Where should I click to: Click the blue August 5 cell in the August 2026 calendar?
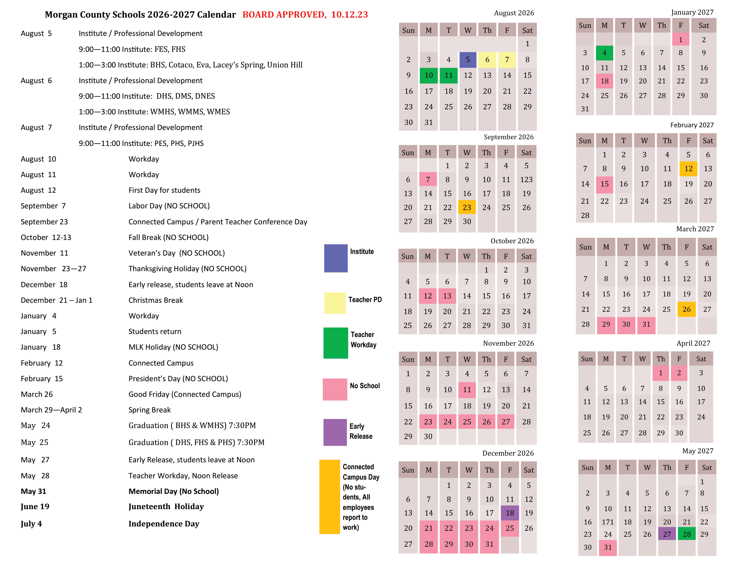(x=468, y=59)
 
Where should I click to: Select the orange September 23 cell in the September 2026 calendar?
(x=467, y=207)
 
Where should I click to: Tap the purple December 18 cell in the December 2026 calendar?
(x=509, y=513)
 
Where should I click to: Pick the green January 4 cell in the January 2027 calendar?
(x=604, y=53)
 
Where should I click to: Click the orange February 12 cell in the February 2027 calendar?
(x=688, y=169)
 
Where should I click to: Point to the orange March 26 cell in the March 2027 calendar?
(x=686, y=309)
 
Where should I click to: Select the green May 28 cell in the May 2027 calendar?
(x=687, y=534)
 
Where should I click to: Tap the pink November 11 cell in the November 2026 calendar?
(x=467, y=390)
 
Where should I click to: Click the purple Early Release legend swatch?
(x=335, y=432)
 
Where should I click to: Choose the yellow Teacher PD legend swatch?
(x=334, y=303)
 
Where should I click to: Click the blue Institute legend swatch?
(x=335, y=258)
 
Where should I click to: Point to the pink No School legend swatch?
(x=334, y=389)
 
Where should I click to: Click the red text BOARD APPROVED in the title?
(x=284, y=15)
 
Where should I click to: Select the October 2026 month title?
(x=512, y=241)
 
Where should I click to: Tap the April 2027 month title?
(x=693, y=343)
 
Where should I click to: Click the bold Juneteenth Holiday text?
(x=166, y=507)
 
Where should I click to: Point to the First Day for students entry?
(x=164, y=190)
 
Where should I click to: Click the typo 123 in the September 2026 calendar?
(x=526, y=180)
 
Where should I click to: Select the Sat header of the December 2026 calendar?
(x=529, y=470)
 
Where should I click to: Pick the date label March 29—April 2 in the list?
(x=51, y=410)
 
